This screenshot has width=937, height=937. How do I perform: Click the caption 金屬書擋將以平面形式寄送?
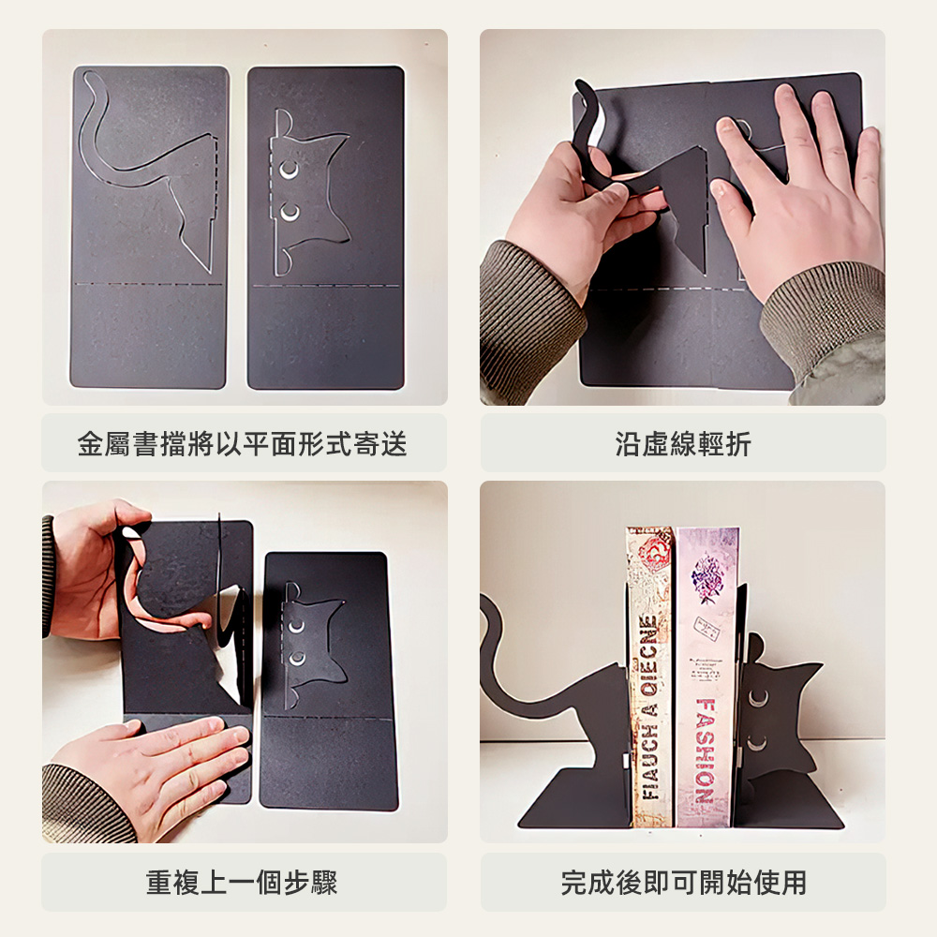coord(242,443)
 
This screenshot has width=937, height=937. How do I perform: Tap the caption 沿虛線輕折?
coord(683,443)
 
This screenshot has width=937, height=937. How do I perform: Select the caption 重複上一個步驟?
coord(242,881)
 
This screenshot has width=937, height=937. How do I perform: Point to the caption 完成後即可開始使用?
coord(683,881)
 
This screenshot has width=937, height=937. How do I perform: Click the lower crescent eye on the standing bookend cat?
coord(755,744)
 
